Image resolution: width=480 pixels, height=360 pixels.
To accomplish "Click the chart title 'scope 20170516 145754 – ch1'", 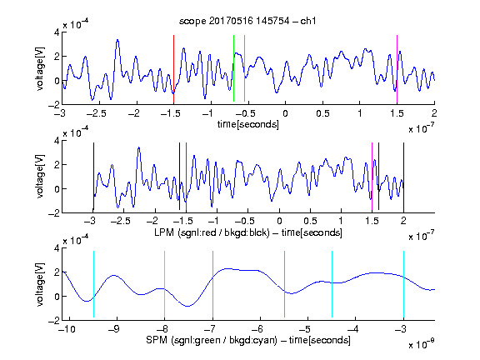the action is (247, 21).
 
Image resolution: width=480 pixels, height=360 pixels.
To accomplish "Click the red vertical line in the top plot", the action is (173, 69).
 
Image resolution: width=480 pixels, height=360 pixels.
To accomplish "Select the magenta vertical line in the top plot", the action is (397, 69).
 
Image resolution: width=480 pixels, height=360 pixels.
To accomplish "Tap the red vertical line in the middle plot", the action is (186, 177).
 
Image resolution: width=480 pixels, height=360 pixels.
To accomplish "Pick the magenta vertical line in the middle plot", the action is (372, 177).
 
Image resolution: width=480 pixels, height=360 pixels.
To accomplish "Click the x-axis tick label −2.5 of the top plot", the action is (96, 113).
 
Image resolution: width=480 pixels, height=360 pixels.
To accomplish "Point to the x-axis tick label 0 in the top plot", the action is (285, 113).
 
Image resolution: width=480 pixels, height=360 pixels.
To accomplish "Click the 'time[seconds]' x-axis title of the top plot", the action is (248, 124).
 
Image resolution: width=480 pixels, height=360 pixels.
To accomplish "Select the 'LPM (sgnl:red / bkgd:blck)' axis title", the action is (212, 232).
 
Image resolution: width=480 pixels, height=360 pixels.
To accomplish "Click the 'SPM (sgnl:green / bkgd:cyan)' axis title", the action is (212, 340).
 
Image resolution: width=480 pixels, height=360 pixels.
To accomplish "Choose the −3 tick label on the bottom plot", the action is (402, 329).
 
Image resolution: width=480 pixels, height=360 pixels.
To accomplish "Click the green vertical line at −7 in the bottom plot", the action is (212, 284).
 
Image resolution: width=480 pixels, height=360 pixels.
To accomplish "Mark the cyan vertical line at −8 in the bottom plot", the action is (165, 284).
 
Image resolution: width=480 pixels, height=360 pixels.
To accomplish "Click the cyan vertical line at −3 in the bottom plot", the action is (404, 284).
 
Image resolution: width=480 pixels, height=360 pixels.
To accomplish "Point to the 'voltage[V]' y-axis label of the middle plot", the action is (40, 177).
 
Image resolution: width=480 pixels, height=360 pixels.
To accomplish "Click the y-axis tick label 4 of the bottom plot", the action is (57, 248).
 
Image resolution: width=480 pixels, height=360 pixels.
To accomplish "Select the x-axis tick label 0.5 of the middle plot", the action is (310, 221).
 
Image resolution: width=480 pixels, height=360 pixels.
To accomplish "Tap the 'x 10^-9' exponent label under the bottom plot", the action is (422, 344).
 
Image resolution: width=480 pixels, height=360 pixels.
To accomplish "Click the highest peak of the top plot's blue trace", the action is (117, 40).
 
